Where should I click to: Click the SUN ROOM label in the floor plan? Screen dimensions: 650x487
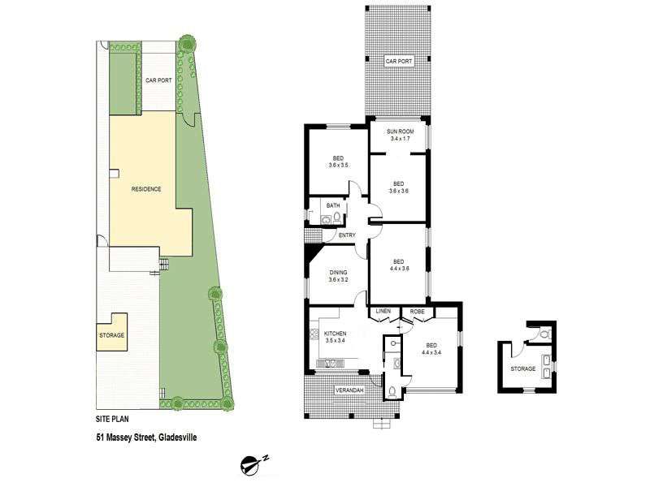pos(400,131)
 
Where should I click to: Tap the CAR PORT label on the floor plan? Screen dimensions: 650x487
pos(399,62)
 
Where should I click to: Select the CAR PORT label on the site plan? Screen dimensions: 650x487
pos(158,80)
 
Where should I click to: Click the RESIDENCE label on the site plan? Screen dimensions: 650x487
pos(146,189)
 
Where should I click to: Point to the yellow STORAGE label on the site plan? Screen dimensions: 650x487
pos(111,335)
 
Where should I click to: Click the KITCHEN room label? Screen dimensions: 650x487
pos(335,334)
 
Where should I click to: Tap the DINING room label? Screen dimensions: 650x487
pos(338,273)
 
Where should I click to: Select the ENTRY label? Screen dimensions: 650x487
pos(347,235)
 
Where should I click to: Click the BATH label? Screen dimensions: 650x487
pos(333,206)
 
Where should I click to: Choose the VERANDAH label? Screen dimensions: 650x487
pos(349,390)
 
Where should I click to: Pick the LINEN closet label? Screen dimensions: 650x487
pos(383,312)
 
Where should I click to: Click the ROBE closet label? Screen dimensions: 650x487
pos(417,312)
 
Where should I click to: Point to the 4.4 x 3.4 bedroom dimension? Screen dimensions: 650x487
pos(431,353)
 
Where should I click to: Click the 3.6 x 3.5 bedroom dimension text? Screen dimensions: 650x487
pos(338,166)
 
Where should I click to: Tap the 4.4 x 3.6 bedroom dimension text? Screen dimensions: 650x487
pos(399,269)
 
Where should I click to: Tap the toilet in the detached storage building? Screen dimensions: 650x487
pos(544,334)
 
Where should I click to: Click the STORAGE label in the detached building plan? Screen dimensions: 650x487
pos(522,369)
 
